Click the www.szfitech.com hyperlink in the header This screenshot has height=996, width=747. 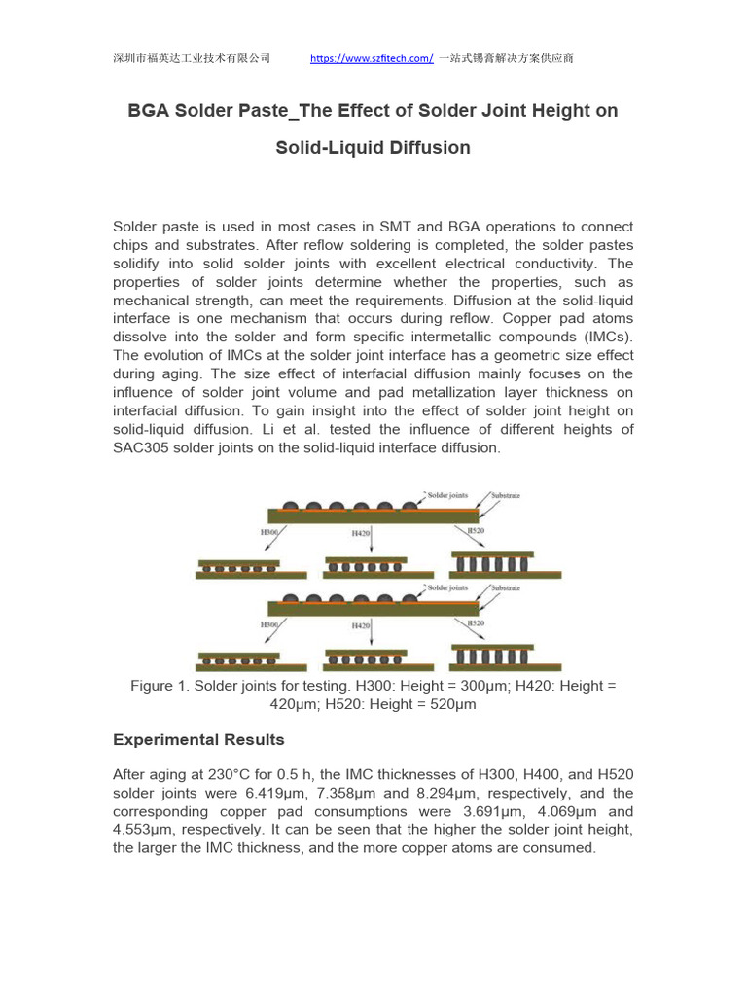pyautogui.click(x=372, y=58)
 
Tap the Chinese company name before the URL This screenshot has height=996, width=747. pyautogui.click(x=192, y=58)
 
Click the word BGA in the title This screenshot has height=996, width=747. pyautogui.click(x=149, y=111)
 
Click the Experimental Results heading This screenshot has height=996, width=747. pyautogui.click(x=198, y=740)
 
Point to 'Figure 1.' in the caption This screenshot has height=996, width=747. pyautogui.click(x=160, y=686)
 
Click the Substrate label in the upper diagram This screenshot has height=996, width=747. pyautogui.click(x=505, y=495)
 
